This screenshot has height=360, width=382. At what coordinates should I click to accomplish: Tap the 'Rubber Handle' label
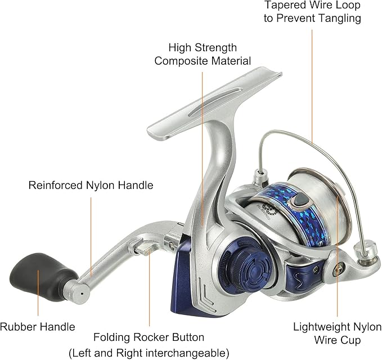(38, 326)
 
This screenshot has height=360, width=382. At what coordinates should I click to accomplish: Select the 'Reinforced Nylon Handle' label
(91, 184)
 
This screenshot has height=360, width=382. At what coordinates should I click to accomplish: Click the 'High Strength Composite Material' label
(203, 55)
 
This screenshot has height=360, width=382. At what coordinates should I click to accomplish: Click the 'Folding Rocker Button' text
(149, 338)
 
